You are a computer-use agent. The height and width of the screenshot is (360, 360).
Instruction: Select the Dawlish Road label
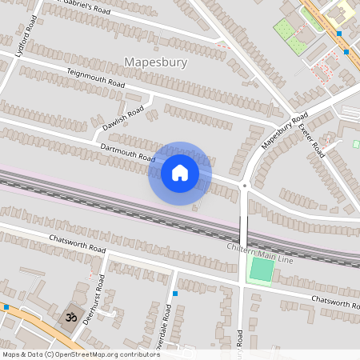123,118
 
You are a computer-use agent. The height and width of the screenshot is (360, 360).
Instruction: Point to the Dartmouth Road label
128,152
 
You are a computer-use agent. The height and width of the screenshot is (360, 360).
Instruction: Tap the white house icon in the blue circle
179,173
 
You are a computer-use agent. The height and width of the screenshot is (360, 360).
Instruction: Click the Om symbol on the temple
69,318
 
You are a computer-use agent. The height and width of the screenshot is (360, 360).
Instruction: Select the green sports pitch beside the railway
261,270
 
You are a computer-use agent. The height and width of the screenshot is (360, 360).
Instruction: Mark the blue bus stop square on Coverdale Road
174,293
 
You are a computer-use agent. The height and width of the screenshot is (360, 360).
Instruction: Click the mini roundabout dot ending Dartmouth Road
245,186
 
